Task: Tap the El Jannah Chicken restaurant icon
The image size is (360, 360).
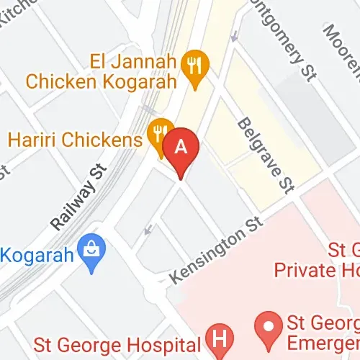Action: click(195, 66)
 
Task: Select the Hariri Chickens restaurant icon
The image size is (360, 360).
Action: click(159, 132)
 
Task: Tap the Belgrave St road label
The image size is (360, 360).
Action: click(266, 155)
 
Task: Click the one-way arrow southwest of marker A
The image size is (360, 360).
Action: click(148, 230)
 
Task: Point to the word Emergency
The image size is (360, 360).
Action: click(324, 341)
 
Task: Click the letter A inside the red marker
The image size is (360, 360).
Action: click(181, 146)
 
